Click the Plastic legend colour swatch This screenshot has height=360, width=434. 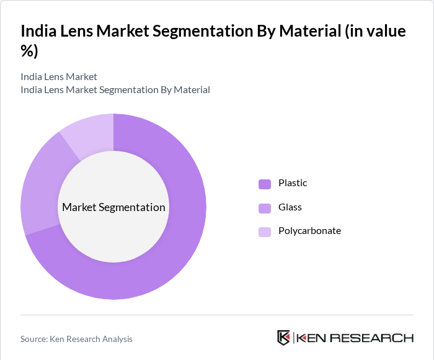click(265, 184)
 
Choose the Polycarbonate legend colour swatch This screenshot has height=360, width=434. click(265, 232)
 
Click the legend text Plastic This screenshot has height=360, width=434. click(293, 183)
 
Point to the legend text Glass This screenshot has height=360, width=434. click(290, 207)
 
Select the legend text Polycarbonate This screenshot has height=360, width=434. click(309, 231)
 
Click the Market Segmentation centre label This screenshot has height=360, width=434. click(113, 207)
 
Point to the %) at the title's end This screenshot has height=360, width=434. click(29, 52)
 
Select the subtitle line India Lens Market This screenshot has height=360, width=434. click(59, 77)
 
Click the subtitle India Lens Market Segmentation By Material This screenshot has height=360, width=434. click(115, 90)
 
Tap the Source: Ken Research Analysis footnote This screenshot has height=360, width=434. click(76, 339)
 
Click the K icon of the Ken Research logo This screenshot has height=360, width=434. click(283, 338)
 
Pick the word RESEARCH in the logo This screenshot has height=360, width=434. click(372, 338)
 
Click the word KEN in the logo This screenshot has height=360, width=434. click(312, 338)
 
